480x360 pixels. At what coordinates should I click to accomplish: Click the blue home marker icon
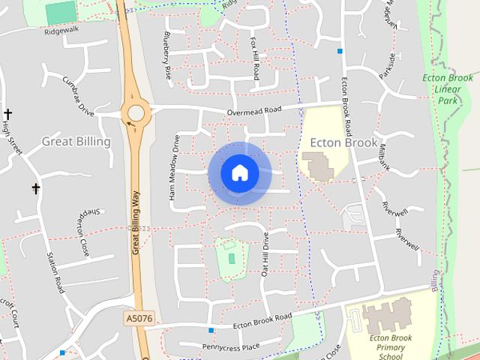(x=239, y=172)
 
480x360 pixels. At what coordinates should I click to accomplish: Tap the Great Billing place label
(x=76, y=141)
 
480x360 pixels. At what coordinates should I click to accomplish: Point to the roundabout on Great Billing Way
(x=136, y=113)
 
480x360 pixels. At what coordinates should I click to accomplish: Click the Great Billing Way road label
(x=136, y=223)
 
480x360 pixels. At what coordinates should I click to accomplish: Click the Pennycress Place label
(x=230, y=346)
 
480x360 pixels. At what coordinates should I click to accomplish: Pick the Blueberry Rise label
(x=166, y=55)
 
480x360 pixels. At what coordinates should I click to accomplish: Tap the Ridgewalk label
(x=60, y=32)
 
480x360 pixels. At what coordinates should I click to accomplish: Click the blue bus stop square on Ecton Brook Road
(x=340, y=51)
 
